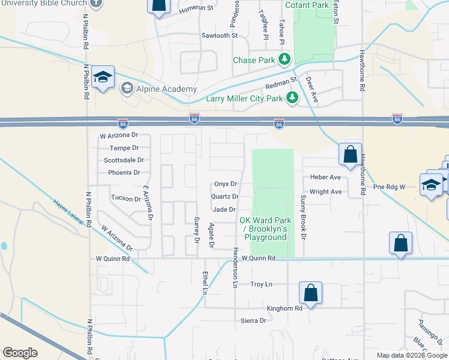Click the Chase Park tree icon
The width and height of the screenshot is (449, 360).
[285, 60]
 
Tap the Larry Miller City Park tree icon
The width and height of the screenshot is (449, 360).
[292, 98]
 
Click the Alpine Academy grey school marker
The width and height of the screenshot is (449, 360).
[127, 89]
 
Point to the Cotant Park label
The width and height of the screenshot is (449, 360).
[307, 5]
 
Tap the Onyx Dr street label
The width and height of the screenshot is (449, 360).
[226, 184]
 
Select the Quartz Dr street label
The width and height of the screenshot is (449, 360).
[225, 197]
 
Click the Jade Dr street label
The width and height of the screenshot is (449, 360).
[224, 209]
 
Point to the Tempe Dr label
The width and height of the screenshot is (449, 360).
[124, 148]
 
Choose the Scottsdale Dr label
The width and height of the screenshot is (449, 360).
[124, 160]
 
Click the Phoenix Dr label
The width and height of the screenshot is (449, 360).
[124, 173]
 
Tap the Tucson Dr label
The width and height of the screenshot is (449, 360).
[125, 197]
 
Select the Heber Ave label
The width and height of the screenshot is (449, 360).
[325, 178]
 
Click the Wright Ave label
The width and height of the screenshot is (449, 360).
[326, 192]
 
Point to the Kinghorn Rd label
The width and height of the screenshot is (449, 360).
[285, 308]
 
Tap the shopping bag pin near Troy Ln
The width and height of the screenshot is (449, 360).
[310, 293]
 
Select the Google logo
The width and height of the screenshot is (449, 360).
[20, 353]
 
